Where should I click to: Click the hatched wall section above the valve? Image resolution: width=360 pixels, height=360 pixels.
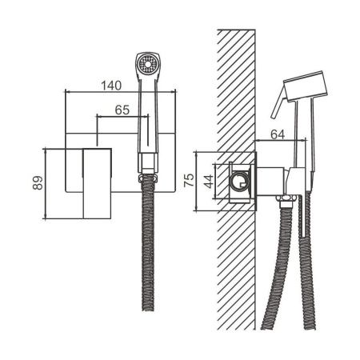click(237, 88)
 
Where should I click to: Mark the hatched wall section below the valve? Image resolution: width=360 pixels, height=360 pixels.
click(237, 272)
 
